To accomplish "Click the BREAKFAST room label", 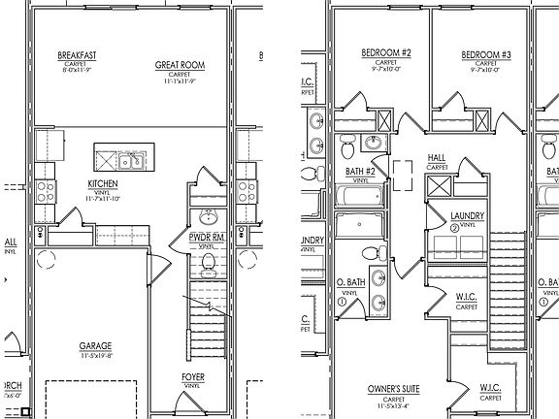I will click(x=76, y=54).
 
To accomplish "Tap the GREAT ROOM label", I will click(x=177, y=65).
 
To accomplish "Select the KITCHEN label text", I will click(x=103, y=183).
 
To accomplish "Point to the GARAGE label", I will click(x=95, y=345).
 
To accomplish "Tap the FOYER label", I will click(x=194, y=377).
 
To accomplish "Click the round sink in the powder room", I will click(x=206, y=215).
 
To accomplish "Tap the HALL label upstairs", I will click(x=437, y=157).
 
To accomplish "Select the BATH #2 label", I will click(x=360, y=172).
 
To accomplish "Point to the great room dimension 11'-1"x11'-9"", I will click(x=177, y=82).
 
